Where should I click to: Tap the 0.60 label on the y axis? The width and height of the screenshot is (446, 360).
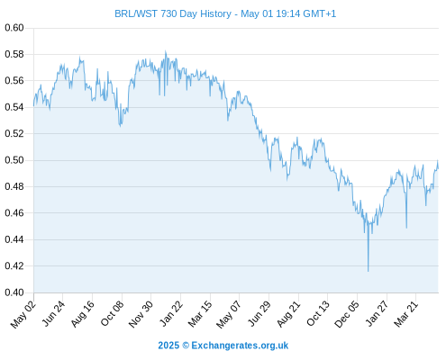tap(14, 28)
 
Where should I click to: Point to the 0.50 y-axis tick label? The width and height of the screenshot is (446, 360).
tap(14, 160)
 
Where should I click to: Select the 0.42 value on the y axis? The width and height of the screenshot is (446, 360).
tap(14, 266)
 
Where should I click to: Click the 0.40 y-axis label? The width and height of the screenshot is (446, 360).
tap(14, 292)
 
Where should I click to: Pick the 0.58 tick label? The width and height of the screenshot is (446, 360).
tap(14, 54)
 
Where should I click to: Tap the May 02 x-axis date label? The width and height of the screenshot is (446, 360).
tap(23, 314)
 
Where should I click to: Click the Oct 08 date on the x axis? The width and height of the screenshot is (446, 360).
tap(112, 314)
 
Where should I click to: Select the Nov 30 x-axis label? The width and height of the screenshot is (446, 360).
tap(141, 314)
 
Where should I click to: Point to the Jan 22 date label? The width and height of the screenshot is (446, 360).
tap(171, 314)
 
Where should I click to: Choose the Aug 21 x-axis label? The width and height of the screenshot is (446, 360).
tap(288, 314)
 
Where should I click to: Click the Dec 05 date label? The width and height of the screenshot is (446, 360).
tap(347, 314)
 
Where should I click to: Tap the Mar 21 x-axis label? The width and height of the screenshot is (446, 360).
tap(406, 314)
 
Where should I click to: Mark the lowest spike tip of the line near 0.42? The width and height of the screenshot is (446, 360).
tap(369, 271)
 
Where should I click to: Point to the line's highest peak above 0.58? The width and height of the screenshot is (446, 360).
tap(166, 51)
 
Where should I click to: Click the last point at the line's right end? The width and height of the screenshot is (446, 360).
tap(438, 168)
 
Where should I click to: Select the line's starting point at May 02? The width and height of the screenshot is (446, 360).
tap(33, 106)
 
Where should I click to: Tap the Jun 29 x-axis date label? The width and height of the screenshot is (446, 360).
tap(259, 314)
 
